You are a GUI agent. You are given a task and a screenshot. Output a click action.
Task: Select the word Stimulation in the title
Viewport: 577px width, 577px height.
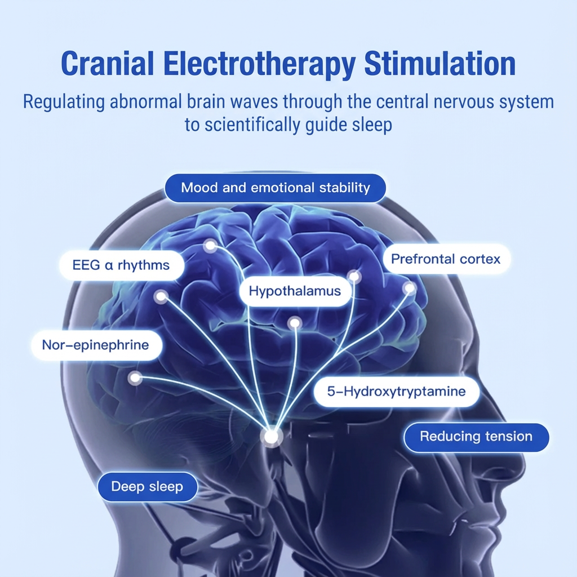coord(440,64)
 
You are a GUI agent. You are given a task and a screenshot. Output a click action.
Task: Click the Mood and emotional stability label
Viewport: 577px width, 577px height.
coord(275,188)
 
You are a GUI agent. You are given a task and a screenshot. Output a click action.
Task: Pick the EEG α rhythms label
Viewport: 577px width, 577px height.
coord(121,264)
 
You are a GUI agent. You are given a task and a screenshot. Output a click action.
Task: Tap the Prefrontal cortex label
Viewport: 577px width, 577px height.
coord(445,259)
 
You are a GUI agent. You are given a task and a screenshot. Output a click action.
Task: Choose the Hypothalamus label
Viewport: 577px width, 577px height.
coord(295,291)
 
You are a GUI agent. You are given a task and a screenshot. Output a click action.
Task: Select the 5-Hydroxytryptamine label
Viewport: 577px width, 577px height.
coord(396,390)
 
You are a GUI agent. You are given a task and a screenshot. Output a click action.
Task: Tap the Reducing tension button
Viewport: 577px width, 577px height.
coord(476,436)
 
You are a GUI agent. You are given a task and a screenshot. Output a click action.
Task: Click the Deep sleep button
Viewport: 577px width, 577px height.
coord(147,486)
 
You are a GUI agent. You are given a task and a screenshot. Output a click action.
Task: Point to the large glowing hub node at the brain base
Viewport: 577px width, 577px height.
coord(272,436)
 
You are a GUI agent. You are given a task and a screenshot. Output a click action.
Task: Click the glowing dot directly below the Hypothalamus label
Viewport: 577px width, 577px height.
coord(295,323)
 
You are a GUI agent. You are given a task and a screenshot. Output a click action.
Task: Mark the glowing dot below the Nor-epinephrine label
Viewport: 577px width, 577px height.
coord(135,378)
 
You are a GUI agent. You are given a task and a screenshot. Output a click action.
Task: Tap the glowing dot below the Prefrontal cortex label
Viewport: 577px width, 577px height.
coord(410,288)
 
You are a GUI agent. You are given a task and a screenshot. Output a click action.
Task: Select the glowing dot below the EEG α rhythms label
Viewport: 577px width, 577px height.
coord(161,297)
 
